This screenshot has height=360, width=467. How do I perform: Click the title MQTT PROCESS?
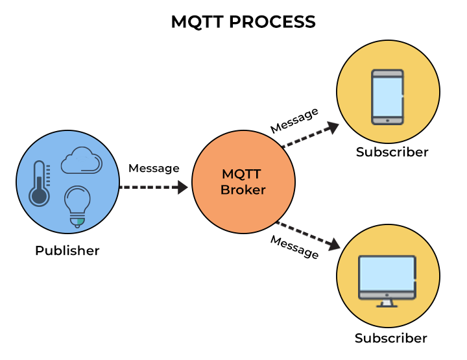tap(243, 22)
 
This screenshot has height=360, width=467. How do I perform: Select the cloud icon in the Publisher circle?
tap(81, 161)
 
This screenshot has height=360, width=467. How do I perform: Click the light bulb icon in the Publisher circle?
tap(77, 206)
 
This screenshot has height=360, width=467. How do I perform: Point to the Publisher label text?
tap(67, 250)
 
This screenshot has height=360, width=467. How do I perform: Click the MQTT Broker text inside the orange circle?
tap(243, 182)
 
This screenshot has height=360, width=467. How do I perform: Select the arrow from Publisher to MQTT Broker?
tap(154, 187)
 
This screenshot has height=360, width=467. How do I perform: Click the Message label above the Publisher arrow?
tap(154, 168)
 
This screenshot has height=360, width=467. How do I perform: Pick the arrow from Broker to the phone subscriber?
tap(310, 136)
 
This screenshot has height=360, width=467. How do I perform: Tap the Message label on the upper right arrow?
tap(294, 120)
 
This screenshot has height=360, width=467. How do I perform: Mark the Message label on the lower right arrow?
tap(294, 247)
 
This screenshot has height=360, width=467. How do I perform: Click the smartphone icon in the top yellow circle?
tap(387, 97)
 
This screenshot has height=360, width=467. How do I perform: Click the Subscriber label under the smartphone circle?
tap(392, 152)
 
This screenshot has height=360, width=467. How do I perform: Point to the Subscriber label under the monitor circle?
tap(391, 339)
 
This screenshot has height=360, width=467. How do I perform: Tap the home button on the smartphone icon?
tap(387, 120)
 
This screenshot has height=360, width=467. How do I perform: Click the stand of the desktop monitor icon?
tap(387, 302)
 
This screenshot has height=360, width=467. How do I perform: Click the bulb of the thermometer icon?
tap(39, 196)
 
